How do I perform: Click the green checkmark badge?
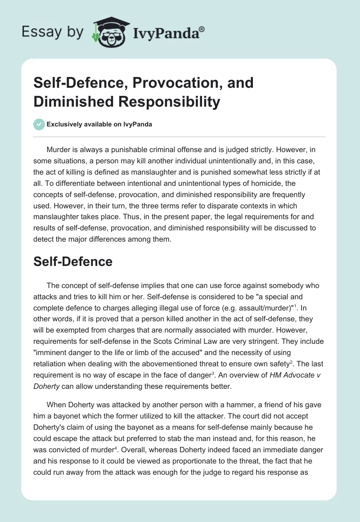point(39,124)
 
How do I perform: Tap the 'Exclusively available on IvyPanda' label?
point(99,124)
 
